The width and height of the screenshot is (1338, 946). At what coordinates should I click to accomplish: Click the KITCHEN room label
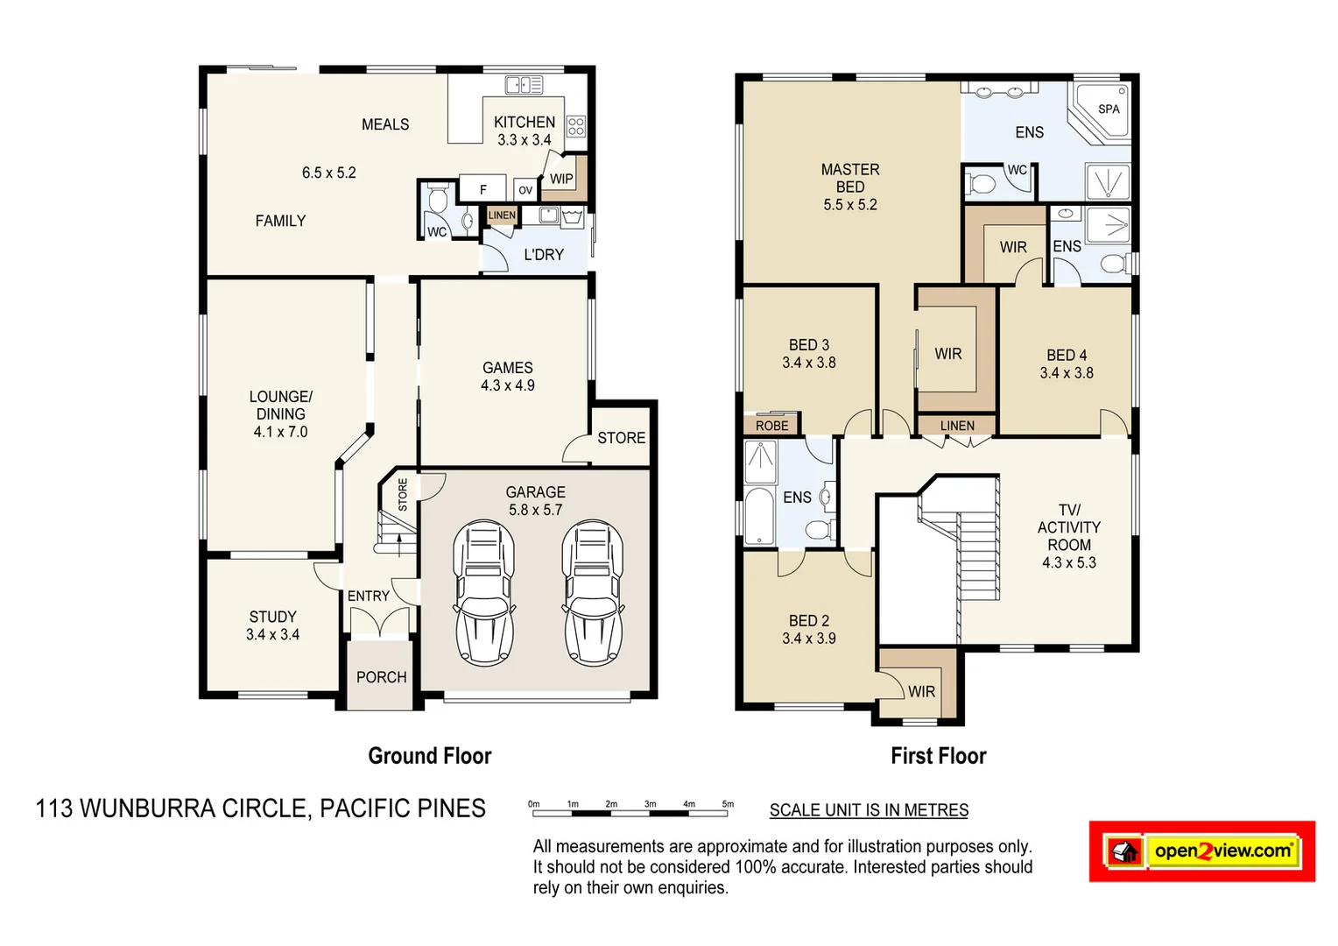pos(524,123)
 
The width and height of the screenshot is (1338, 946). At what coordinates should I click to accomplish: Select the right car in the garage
pos(592,592)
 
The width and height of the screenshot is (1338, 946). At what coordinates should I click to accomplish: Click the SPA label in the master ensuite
pos(1109,109)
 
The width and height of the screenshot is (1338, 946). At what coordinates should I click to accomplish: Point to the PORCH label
pos(381,677)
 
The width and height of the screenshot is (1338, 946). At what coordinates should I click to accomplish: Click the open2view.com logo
pos(1201,851)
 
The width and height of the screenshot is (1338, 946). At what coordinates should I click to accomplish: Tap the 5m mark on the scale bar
pos(727,804)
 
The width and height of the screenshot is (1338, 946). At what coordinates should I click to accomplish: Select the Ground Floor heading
pos(429,756)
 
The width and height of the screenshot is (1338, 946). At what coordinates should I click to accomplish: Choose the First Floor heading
pos(938,756)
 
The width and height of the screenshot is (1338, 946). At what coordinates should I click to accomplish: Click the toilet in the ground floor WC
pos(438,200)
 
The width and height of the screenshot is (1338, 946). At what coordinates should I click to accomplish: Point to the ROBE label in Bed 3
pos(771,426)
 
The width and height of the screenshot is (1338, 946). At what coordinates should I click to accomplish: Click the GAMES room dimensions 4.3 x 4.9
pos(507,385)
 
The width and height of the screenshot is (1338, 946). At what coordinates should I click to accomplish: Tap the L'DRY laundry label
pos(543,255)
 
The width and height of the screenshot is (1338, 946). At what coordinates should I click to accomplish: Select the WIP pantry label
pos(561,179)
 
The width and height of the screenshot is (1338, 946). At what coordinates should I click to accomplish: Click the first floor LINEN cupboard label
pos(956,426)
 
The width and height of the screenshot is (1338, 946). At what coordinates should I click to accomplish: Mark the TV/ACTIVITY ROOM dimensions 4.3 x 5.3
pos(1068,562)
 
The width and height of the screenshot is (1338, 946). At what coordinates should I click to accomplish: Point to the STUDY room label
pos(272,617)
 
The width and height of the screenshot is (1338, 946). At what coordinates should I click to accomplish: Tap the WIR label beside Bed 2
pos(921,691)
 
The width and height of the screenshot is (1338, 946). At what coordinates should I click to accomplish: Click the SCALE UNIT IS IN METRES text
pos(869,810)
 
